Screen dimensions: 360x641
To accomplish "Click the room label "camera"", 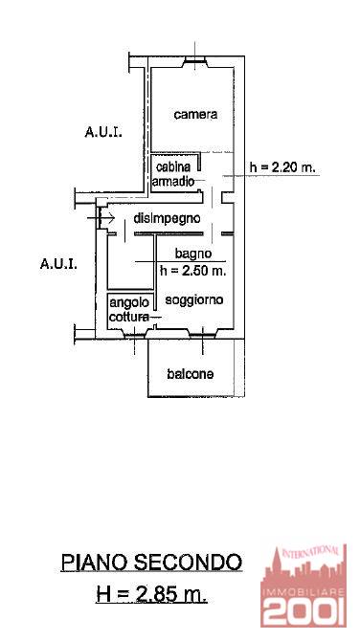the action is point(195,115).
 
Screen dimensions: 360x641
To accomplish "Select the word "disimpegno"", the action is point(167,219).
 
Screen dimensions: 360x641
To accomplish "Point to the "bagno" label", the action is point(193,254).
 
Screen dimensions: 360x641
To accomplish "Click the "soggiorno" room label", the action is point(194,300).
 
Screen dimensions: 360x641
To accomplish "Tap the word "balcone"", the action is point(190,374).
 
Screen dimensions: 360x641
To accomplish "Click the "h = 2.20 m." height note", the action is point(284,167).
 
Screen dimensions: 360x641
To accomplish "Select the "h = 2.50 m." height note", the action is point(193,270).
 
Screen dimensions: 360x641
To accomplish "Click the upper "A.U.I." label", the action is point(103,132).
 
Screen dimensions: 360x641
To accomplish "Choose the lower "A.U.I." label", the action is point(58,264).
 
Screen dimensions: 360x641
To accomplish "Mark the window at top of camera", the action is point(195,61).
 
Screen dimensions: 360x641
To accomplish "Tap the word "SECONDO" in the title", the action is point(188,563).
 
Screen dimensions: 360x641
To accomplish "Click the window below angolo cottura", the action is point(134,334).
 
